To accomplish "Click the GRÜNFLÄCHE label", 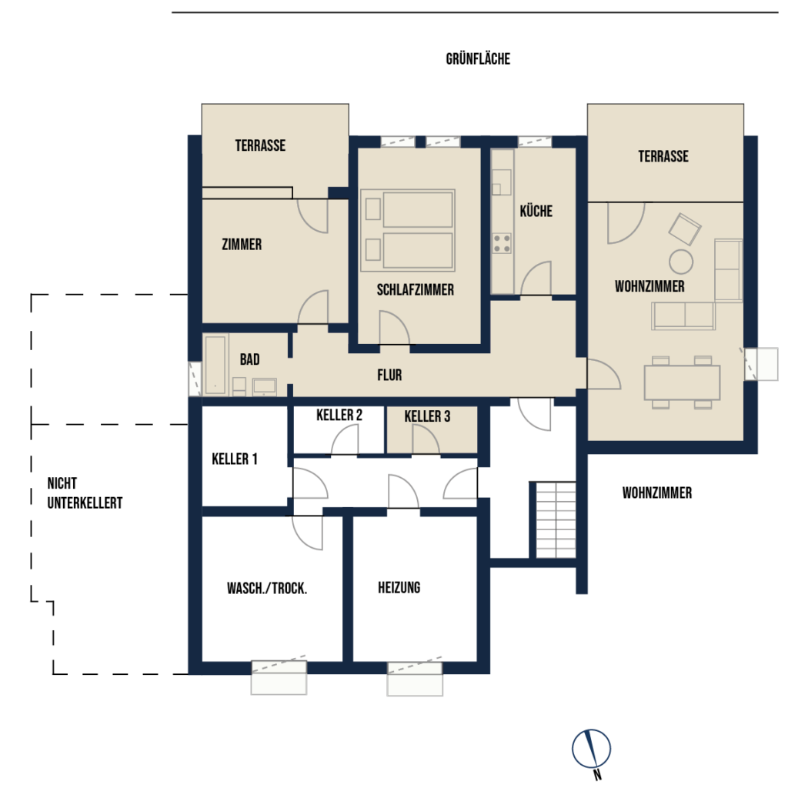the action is tap(478, 58).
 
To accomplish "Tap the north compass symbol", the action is tap(592, 751).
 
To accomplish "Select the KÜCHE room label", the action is tap(536, 211).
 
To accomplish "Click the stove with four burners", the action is tap(502, 243).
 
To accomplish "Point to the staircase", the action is tap(556, 519).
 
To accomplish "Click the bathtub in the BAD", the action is tap(215, 365).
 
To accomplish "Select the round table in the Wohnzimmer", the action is tap(681, 262).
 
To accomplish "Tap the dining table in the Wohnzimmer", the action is tap(682, 382).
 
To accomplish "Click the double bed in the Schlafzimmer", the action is tap(408, 230).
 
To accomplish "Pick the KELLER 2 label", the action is tap(339, 415).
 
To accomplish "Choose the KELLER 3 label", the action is tap(427, 416).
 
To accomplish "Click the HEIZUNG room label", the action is tap(399, 587).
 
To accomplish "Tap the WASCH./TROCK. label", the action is tap(267, 588).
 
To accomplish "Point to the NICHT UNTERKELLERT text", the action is tap(85, 493).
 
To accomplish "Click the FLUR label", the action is tap(389, 375).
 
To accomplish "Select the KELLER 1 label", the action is tap(235, 459).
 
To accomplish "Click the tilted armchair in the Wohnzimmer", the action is tap(684, 229).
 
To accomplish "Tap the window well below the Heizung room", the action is tap(415, 679).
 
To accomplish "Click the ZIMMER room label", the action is tap(242, 245).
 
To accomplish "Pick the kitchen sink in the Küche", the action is tap(501, 182).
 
